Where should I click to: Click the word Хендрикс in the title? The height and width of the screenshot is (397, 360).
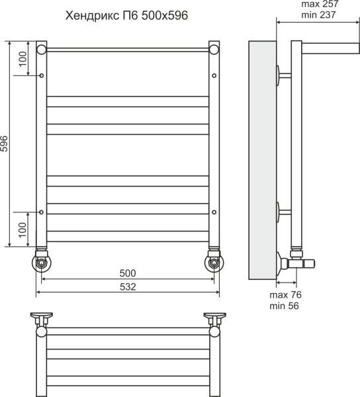click(x=92, y=16)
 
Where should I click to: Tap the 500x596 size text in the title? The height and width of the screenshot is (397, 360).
click(x=165, y=15)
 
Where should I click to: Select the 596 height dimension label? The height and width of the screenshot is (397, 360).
click(x=5, y=144)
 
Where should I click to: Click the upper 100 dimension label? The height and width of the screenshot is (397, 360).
click(x=22, y=59)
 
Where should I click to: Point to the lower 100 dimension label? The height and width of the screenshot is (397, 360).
click(x=22, y=230)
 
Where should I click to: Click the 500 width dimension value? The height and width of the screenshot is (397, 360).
click(x=128, y=273)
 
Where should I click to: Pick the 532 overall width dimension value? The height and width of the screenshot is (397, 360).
click(x=128, y=287)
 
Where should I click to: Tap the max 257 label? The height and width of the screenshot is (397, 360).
click(x=320, y=4)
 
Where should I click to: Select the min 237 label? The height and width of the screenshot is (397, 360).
click(x=318, y=15)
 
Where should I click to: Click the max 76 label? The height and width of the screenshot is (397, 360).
click(x=285, y=295)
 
